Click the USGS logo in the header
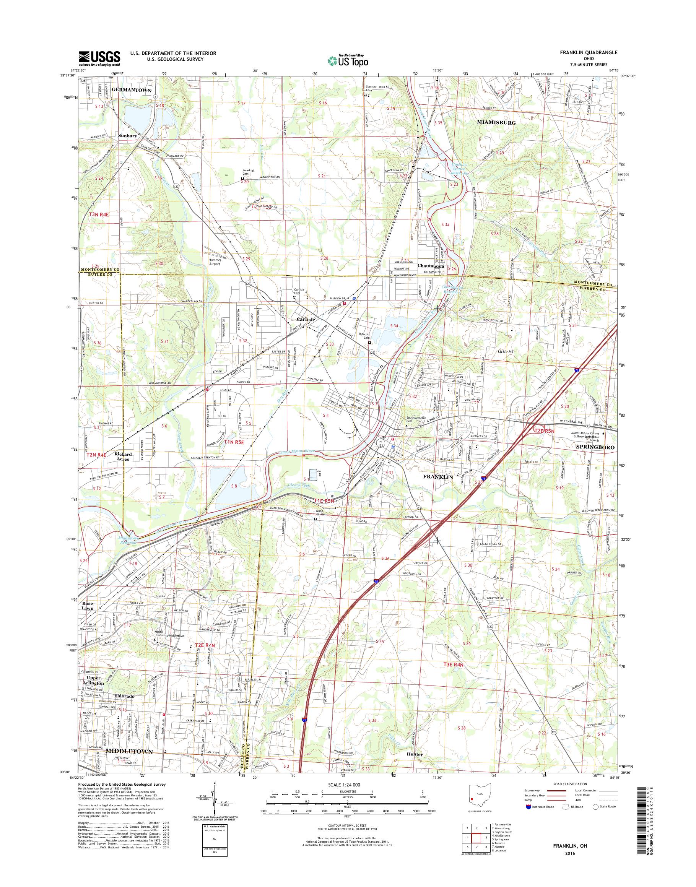[x=99, y=58]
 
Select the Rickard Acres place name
[x=122, y=456]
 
